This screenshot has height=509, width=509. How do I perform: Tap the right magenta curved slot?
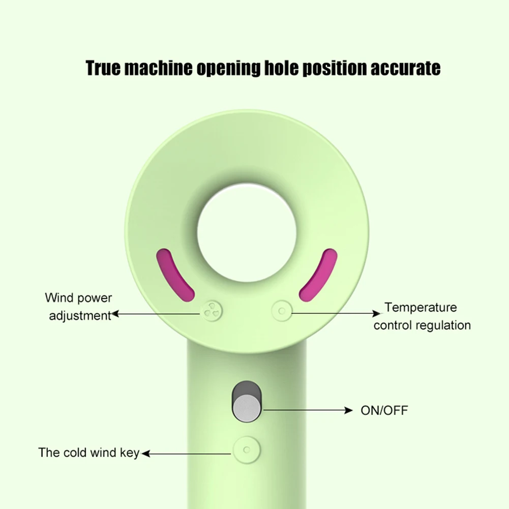click(319, 273)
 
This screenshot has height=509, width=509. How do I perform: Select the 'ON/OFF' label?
click(384, 410)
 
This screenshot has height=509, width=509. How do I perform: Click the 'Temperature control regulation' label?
click(422, 316)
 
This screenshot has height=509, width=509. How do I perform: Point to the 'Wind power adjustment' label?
click(79, 306)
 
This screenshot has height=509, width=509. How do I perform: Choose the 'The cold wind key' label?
click(88, 453)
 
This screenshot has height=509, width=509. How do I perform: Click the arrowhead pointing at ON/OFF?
click(349, 410)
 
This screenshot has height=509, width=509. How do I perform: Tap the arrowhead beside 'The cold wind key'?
click(144, 453)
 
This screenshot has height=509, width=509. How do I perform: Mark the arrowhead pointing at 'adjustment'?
click(115, 314)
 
